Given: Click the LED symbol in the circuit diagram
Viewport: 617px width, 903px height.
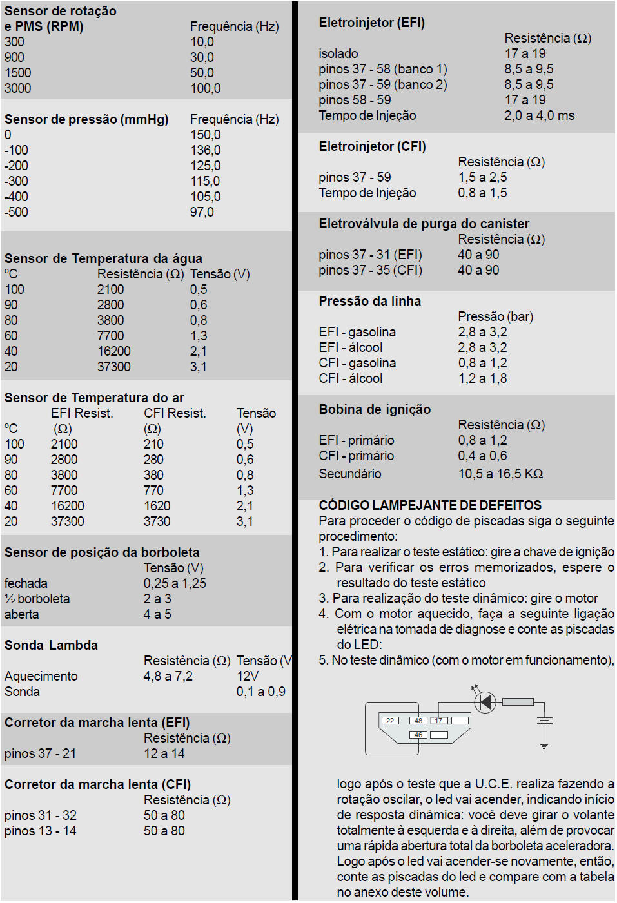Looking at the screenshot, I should pos(485,701).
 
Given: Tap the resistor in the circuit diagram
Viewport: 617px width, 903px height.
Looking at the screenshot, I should pos(518,701).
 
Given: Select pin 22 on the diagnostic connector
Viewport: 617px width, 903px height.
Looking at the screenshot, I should pos(390,721).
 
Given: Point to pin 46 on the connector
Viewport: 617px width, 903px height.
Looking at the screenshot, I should pos(418,735).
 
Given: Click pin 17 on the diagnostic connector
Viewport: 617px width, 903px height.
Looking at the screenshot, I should pos(439,721).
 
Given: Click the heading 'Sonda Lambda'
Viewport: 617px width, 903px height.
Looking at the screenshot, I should pos(51,645).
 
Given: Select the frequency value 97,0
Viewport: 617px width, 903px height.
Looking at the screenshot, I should pos(202,212).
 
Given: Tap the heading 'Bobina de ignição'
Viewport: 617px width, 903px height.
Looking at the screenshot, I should pos(375,409).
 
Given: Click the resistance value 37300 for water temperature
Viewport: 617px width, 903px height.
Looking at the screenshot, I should pos(114,367).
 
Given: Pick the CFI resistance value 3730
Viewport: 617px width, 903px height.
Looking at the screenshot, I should pos(157,521).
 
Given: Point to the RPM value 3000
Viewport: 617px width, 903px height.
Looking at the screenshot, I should pos(18,88).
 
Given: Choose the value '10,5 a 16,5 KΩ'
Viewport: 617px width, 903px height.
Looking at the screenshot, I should pos(500,474).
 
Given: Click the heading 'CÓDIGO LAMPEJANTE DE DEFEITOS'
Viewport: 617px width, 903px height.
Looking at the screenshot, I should pos(430,505).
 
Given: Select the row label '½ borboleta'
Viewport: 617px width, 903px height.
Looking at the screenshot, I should pos(37,599).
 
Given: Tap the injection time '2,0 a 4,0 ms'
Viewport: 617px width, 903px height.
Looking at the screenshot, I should pos(539,115).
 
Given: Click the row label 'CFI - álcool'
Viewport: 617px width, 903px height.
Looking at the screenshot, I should pos(351,378).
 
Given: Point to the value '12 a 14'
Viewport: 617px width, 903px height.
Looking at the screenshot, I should pos(164,753).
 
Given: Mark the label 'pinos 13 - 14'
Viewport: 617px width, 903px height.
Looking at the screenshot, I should pos(41,831).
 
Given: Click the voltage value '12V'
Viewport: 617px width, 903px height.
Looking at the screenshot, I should pos(248,676).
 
